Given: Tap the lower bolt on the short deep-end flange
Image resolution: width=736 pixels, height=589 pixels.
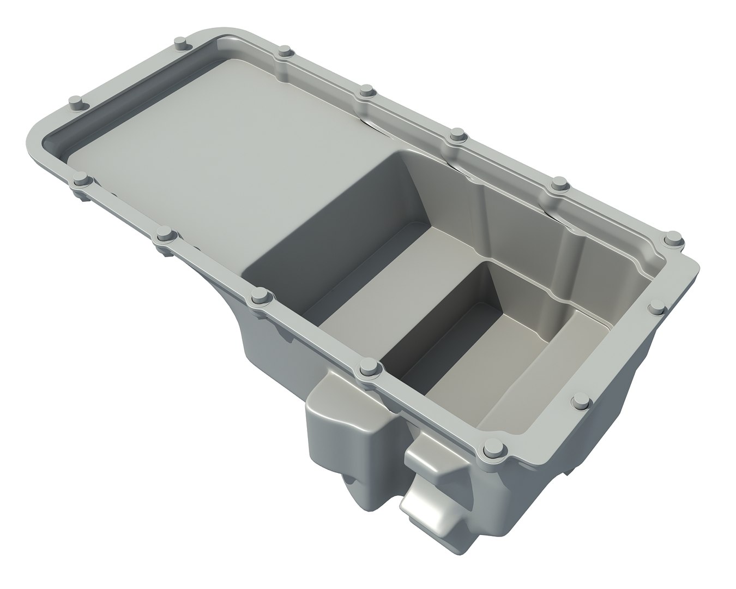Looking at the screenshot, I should point(582,404).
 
